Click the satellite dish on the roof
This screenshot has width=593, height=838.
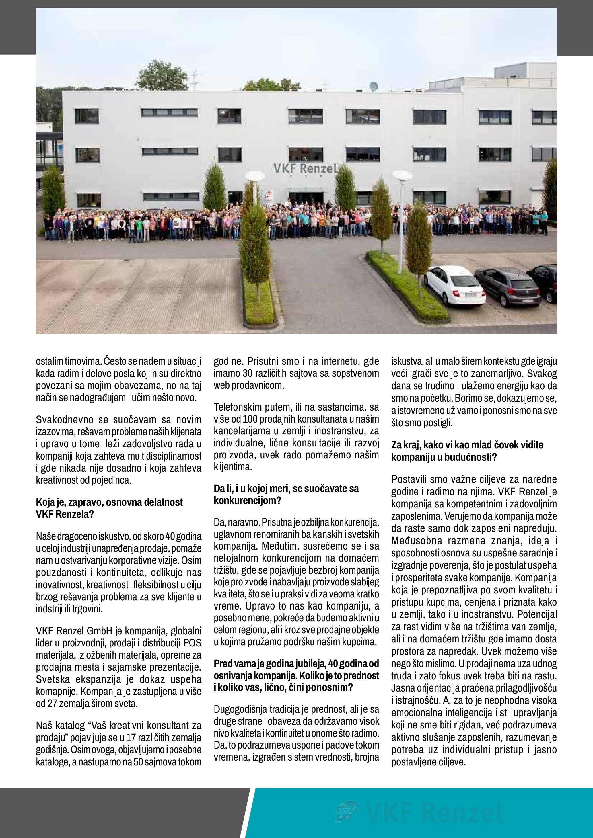point(374,87)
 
